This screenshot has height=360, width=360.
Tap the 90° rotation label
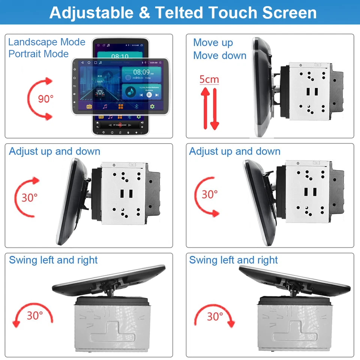(x=46, y=99)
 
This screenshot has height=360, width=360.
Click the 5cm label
(x=209, y=79)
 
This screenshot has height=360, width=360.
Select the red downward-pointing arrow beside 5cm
(x=214, y=109)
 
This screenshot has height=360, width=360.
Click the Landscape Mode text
(x=47, y=42)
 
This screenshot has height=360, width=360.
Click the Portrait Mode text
(x=39, y=54)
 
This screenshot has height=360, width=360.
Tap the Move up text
(x=213, y=43)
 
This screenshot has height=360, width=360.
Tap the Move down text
(x=220, y=55)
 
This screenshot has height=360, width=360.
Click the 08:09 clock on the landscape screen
(x=141, y=72)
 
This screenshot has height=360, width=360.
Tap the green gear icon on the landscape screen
(x=152, y=106)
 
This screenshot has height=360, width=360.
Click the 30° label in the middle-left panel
(x=30, y=198)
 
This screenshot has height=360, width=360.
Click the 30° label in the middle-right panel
(x=210, y=195)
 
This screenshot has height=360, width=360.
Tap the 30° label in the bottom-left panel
(x=35, y=316)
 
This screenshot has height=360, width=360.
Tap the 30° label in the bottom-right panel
(x=215, y=316)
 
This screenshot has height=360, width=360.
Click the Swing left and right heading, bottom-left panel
(x=53, y=260)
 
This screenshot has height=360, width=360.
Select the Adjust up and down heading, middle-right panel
(x=235, y=151)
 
